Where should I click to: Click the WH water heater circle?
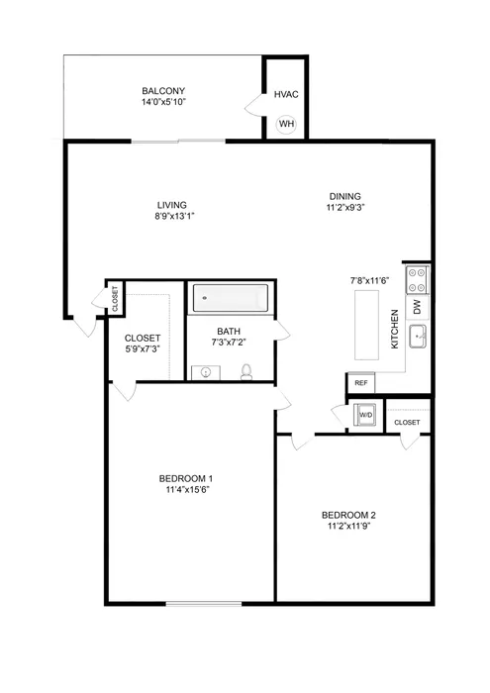point(286,124)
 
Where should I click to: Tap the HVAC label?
point(286,95)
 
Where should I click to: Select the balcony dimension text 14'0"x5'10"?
point(164,102)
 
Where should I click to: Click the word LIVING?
point(171,206)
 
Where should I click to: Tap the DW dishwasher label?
point(417,307)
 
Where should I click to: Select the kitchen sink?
point(418,337)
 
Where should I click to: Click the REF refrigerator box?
point(360,382)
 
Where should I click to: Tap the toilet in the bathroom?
point(247,371)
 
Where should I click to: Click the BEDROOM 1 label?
point(186,479)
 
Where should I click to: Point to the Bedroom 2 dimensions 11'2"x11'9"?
point(348,527)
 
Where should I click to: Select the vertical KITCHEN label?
point(394,329)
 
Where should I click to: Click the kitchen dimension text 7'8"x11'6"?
point(372,281)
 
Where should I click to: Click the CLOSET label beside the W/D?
point(407,423)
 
